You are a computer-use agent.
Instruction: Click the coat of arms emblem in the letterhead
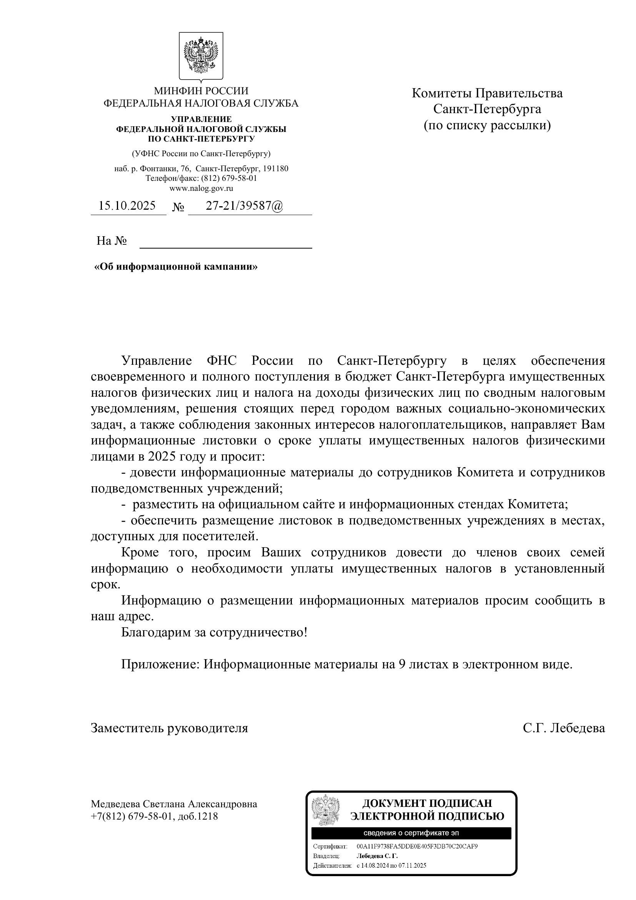(x=201, y=56)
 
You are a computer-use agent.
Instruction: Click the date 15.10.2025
(x=127, y=206)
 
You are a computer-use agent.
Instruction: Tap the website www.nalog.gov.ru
(x=201, y=188)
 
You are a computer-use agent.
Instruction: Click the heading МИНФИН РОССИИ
(x=201, y=91)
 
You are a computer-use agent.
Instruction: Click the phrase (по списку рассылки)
(x=487, y=125)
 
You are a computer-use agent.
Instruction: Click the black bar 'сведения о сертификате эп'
(x=411, y=833)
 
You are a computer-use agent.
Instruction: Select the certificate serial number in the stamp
(x=417, y=846)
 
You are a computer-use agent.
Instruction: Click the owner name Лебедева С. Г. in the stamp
(x=377, y=856)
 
